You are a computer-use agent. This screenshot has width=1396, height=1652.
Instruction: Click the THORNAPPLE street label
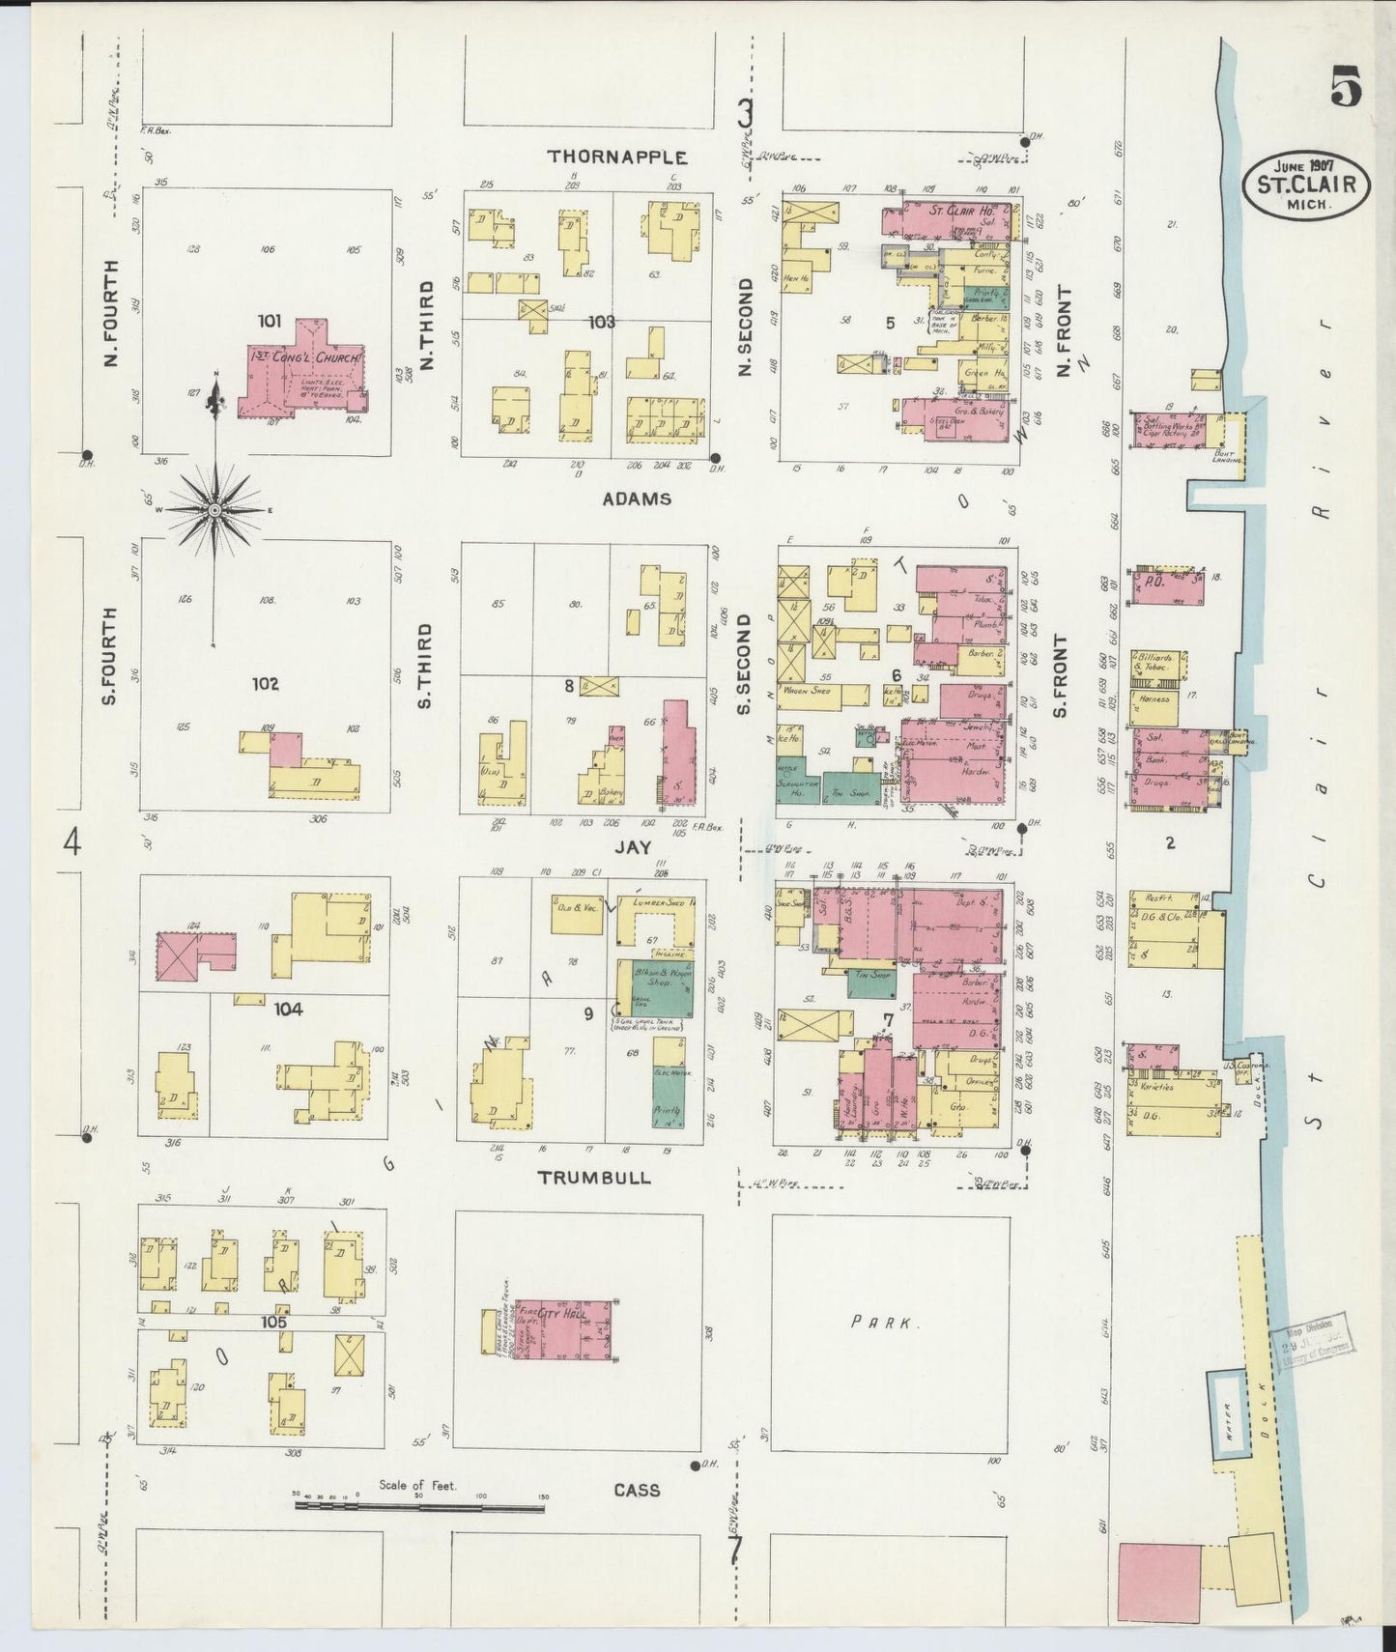[617, 157]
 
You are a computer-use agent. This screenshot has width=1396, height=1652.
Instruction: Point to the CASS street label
[637, 1490]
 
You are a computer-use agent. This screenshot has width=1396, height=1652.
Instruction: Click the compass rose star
[214, 509]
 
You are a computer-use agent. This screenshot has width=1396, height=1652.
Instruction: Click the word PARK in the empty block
[883, 1322]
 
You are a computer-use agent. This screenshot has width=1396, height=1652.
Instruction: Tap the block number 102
[265, 684]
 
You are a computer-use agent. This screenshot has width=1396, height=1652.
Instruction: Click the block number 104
[288, 1009]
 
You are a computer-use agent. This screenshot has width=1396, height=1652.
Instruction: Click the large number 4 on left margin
[71, 843]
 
